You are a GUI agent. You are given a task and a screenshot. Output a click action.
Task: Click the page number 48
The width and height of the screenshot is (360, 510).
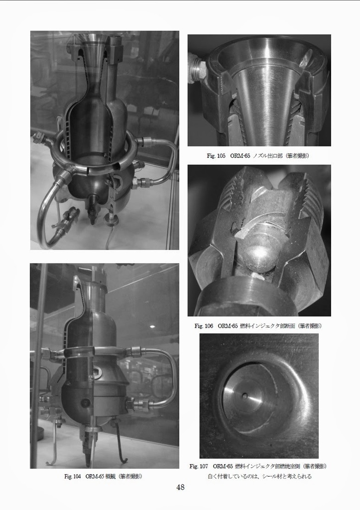(180, 487)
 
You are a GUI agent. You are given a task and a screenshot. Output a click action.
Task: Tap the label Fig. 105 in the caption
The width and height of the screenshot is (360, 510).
(216, 156)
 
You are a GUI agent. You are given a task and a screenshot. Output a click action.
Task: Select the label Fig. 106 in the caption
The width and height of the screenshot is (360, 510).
(204, 326)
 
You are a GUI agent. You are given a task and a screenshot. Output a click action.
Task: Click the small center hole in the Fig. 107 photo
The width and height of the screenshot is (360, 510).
(244, 396)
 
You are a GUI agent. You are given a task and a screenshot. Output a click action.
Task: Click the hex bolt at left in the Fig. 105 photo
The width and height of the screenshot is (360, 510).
(196, 69)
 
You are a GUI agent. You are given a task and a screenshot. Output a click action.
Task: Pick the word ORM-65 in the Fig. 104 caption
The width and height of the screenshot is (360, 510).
(94, 476)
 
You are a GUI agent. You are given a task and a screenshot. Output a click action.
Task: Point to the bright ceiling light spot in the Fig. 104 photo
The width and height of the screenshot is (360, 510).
(152, 327)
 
